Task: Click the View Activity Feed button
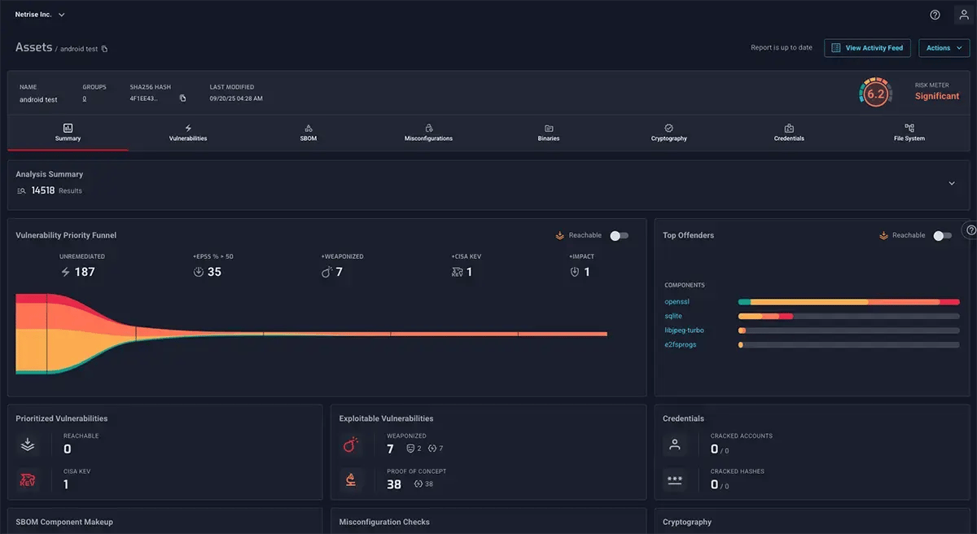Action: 867,48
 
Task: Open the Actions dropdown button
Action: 944,48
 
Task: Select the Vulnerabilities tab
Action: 188,133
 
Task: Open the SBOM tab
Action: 309,133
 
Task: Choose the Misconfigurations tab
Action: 428,133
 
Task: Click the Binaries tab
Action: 549,133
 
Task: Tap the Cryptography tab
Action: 668,133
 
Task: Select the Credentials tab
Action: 789,133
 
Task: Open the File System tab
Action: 909,133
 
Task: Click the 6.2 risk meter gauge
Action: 875,94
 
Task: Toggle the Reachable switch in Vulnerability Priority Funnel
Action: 619,235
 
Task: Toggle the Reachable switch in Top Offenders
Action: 942,235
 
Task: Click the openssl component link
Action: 677,302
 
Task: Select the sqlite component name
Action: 673,316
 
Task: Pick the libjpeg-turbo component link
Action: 684,330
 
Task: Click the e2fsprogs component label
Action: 681,344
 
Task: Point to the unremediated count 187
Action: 84,272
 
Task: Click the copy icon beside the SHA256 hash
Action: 182,99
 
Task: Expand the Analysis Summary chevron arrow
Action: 951,184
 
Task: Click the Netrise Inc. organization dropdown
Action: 40,15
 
